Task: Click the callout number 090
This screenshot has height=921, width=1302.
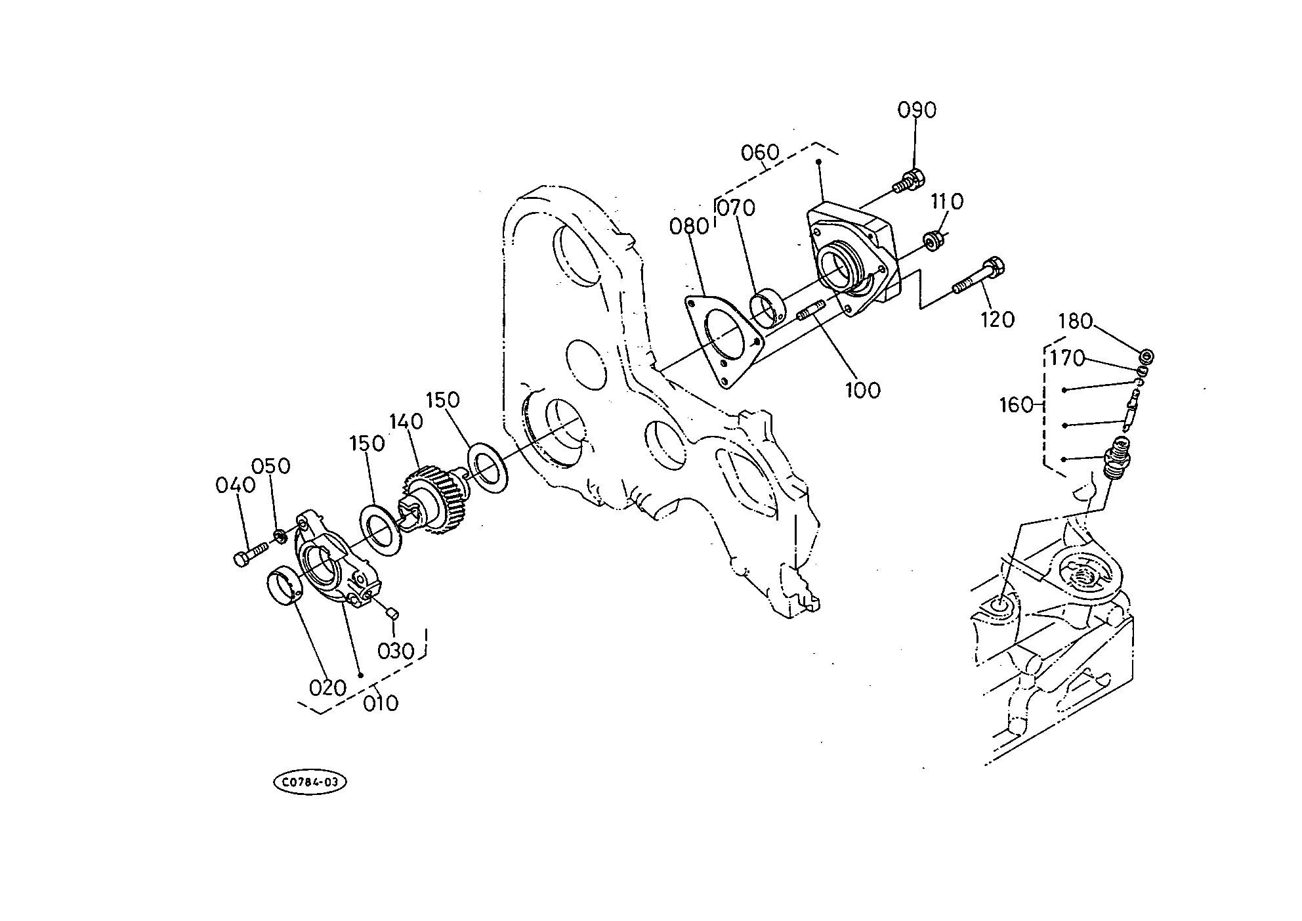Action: (917, 110)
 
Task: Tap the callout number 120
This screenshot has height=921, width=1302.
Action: (997, 320)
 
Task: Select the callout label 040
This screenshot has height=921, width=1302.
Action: (235, 486)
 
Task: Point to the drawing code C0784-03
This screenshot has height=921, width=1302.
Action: (310, 782)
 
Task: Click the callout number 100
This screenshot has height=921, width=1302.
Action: (862, 391)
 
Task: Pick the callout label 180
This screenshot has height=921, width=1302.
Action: (1075, 322)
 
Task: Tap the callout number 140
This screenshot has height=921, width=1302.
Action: (407, 421)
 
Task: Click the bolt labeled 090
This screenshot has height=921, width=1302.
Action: (909, 181)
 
